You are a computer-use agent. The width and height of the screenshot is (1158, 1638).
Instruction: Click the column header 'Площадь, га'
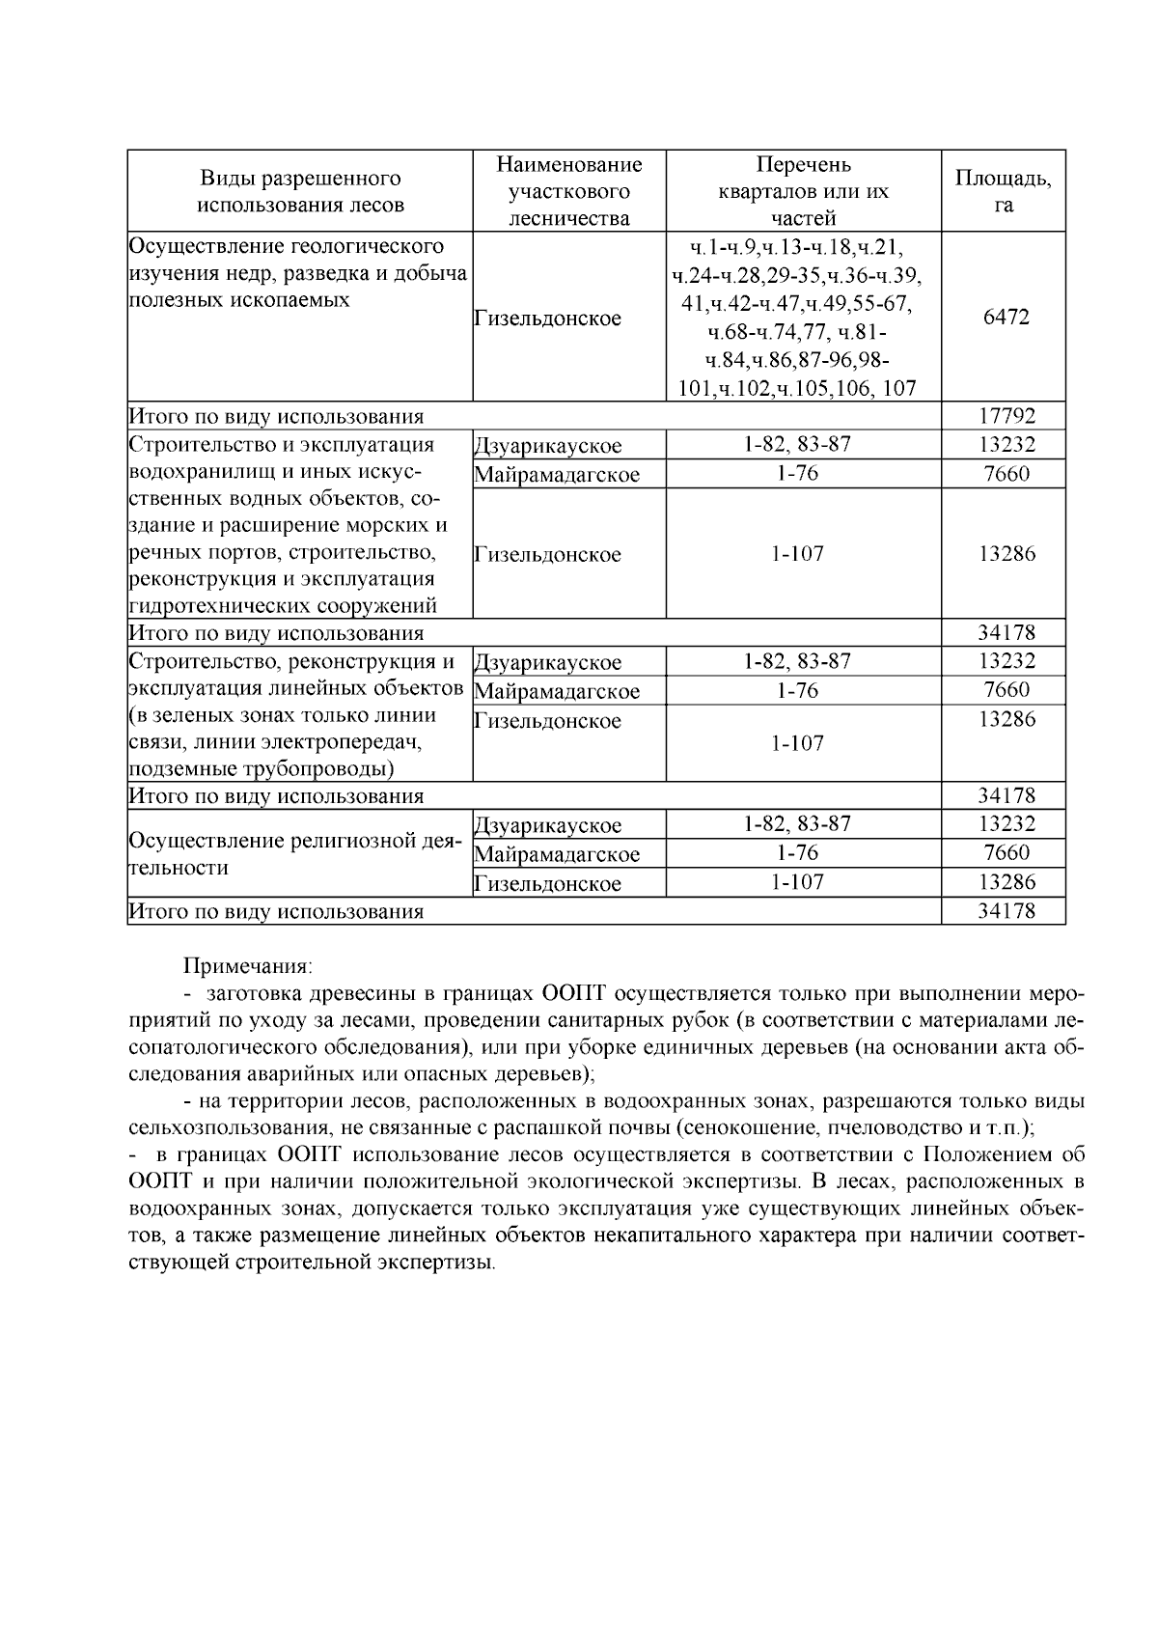click(x=1004, y=191)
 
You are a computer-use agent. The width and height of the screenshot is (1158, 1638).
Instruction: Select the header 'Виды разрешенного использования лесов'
click(x=300, y=191)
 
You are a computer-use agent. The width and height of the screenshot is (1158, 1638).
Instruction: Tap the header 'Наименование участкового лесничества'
click(x=568, y=191)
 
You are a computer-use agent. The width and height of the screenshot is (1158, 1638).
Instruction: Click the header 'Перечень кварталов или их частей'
click(x=803, y=191)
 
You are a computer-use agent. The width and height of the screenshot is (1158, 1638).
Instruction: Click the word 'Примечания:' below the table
click(x=248, y=966)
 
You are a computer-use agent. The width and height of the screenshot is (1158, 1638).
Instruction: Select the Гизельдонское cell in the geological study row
click(x=548, y=319)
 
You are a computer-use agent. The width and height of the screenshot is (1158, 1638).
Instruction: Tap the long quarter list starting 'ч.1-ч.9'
click(x=797, y=318)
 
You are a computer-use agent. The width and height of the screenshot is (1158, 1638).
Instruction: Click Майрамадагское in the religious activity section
click(x=558, y=854)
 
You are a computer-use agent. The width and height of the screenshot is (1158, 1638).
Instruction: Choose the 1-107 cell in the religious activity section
click(x=797, y=882)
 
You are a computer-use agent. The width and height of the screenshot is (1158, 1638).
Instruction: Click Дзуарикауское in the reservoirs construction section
click(x=548, y=446)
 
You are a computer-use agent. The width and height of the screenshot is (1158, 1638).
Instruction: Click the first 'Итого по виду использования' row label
click(x=277, y=417)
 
